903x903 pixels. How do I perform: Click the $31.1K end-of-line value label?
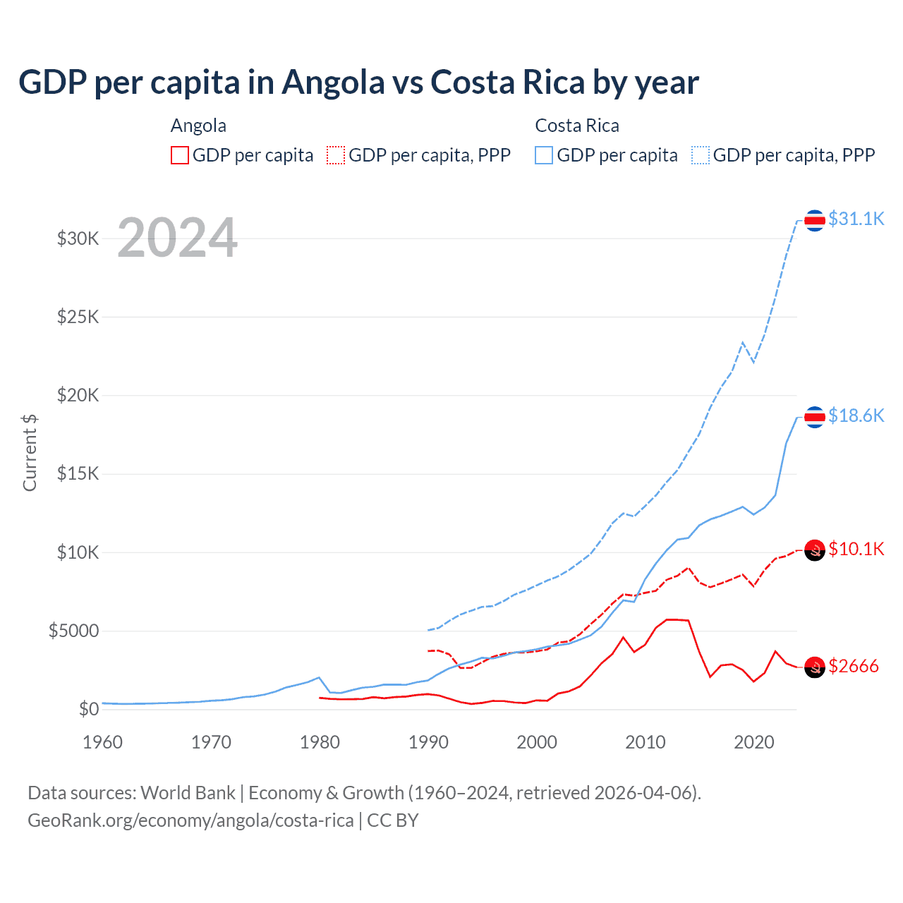856,219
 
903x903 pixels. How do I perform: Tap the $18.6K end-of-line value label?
856,416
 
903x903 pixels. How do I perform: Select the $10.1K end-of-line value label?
856,549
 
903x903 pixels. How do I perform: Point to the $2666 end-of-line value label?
853,666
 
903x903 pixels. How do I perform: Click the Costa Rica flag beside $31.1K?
815,221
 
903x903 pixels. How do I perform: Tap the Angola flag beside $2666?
815,667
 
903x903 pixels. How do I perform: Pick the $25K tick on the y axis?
78,317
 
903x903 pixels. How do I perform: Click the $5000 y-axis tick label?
74,631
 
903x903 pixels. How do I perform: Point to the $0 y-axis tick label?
89,709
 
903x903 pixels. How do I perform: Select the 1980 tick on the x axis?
320,742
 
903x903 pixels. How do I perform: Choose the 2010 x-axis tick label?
646,742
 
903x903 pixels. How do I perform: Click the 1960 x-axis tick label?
103,742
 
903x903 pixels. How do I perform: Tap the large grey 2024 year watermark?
177,238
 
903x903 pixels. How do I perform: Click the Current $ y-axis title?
30,452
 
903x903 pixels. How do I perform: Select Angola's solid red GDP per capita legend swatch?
180,155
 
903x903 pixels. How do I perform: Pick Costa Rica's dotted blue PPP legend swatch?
701,155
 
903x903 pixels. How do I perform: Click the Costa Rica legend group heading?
577,126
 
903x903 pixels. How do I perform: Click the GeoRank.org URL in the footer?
190,820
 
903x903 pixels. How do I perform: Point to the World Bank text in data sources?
188,793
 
